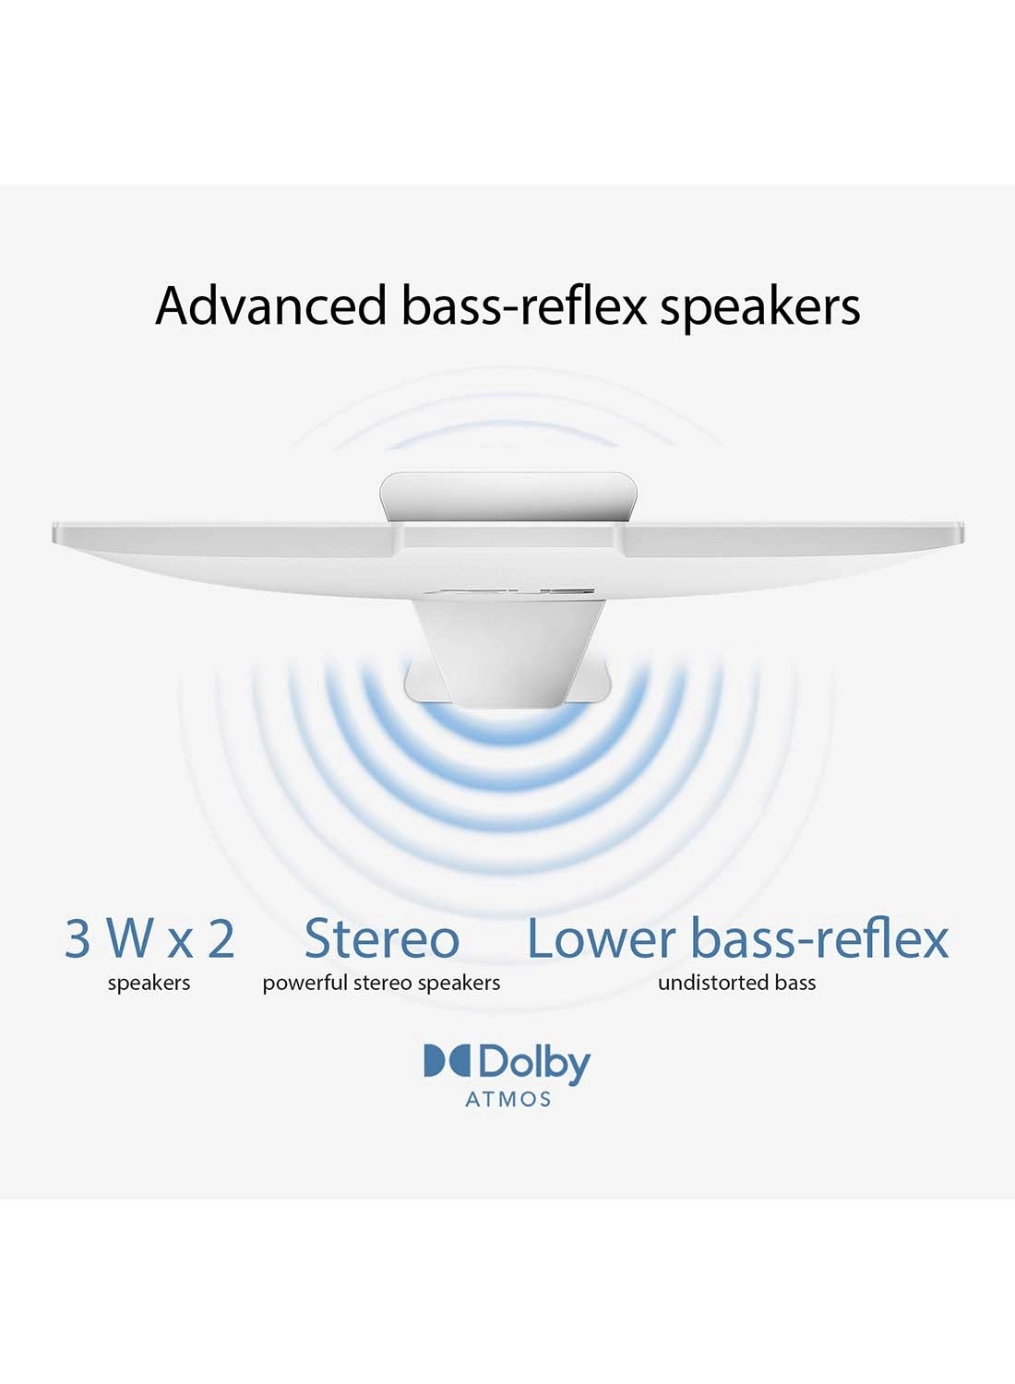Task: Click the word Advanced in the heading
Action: [270, 305]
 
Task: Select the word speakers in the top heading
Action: [759, 308]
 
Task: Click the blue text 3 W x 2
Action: [149, 938]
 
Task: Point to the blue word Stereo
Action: [382, 938]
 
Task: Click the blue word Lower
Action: [601, 938]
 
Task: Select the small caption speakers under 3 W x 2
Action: [149, 983]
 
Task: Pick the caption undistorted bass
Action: [736, 983]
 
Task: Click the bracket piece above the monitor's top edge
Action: [507, 498]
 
